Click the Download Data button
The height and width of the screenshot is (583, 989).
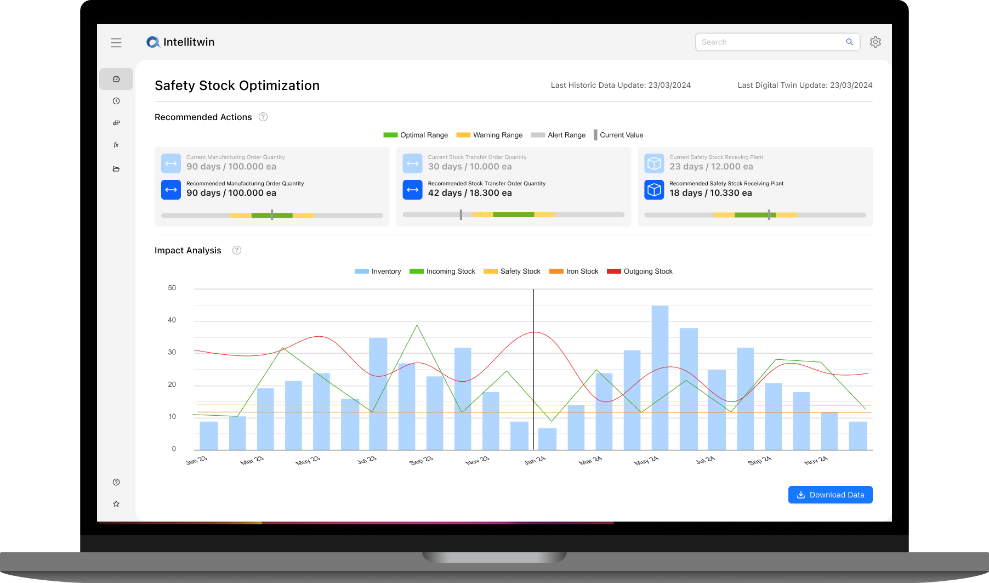[830, 495]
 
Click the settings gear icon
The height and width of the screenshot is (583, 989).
[875, 42]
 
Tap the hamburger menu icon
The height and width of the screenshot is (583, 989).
[116, 43]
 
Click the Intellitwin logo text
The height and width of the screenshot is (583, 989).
[189, 42]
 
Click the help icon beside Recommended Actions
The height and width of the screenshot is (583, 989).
[263, 117]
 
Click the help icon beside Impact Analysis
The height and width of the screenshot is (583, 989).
[237, 250]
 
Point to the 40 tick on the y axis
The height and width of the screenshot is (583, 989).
[172, 320]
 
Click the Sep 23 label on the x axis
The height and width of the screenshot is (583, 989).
[420, 461]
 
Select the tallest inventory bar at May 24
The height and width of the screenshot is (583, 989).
[660, 378]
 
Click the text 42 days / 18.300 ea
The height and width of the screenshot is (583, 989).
[470, 193]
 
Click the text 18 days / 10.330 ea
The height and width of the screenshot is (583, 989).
[711, 193]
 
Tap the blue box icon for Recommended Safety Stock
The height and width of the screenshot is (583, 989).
[654, 190]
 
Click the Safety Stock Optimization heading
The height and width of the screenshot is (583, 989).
[237, 86]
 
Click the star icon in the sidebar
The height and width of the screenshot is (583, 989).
[116, 504]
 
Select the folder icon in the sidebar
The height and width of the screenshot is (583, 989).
[116, 169]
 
